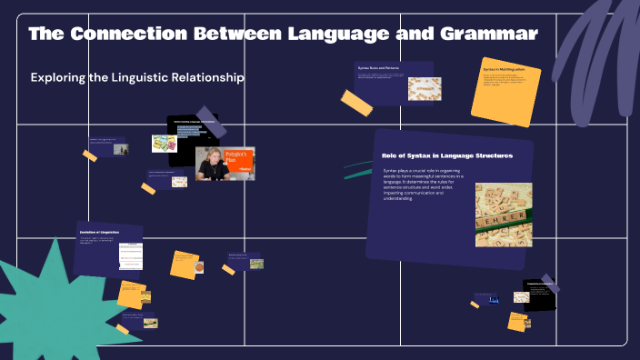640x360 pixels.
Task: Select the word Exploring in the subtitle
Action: point(59,78)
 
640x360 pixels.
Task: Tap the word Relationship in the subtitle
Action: point(205,78)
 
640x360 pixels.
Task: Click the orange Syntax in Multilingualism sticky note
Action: point(505,91)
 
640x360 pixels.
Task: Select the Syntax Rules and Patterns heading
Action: point(378,68)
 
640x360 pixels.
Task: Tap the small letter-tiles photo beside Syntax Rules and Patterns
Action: point(424,88)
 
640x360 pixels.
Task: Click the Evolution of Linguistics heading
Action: point(99,234)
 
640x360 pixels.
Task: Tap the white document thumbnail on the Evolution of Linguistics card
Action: point(130,255)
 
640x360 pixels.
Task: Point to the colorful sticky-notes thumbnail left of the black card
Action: point(164,144)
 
